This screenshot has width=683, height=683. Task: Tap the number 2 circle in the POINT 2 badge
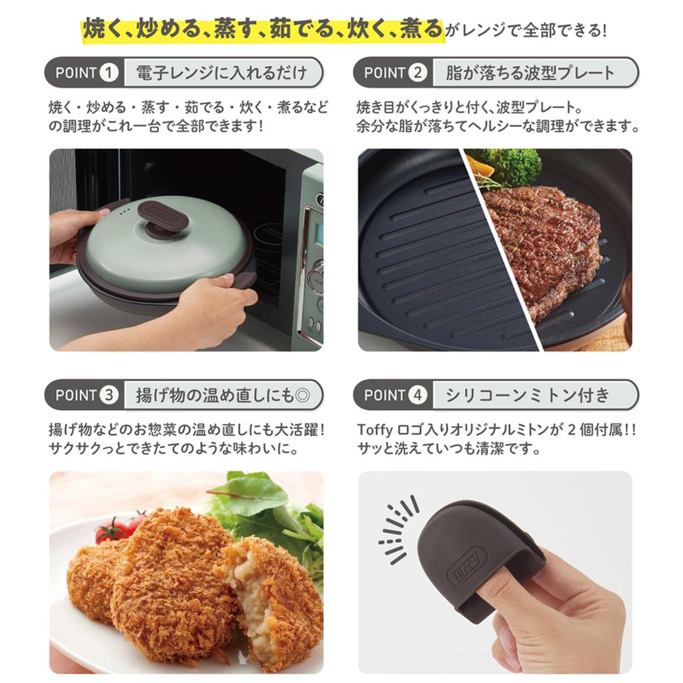coord(417,73)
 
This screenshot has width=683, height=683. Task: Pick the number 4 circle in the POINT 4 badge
coord(417,395)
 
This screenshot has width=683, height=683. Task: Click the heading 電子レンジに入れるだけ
coord(221,73)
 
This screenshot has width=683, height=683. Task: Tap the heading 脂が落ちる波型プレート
coord(530,73)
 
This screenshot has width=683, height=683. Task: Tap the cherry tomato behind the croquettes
coord(111,530)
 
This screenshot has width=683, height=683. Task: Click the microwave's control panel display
coord(319,233)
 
